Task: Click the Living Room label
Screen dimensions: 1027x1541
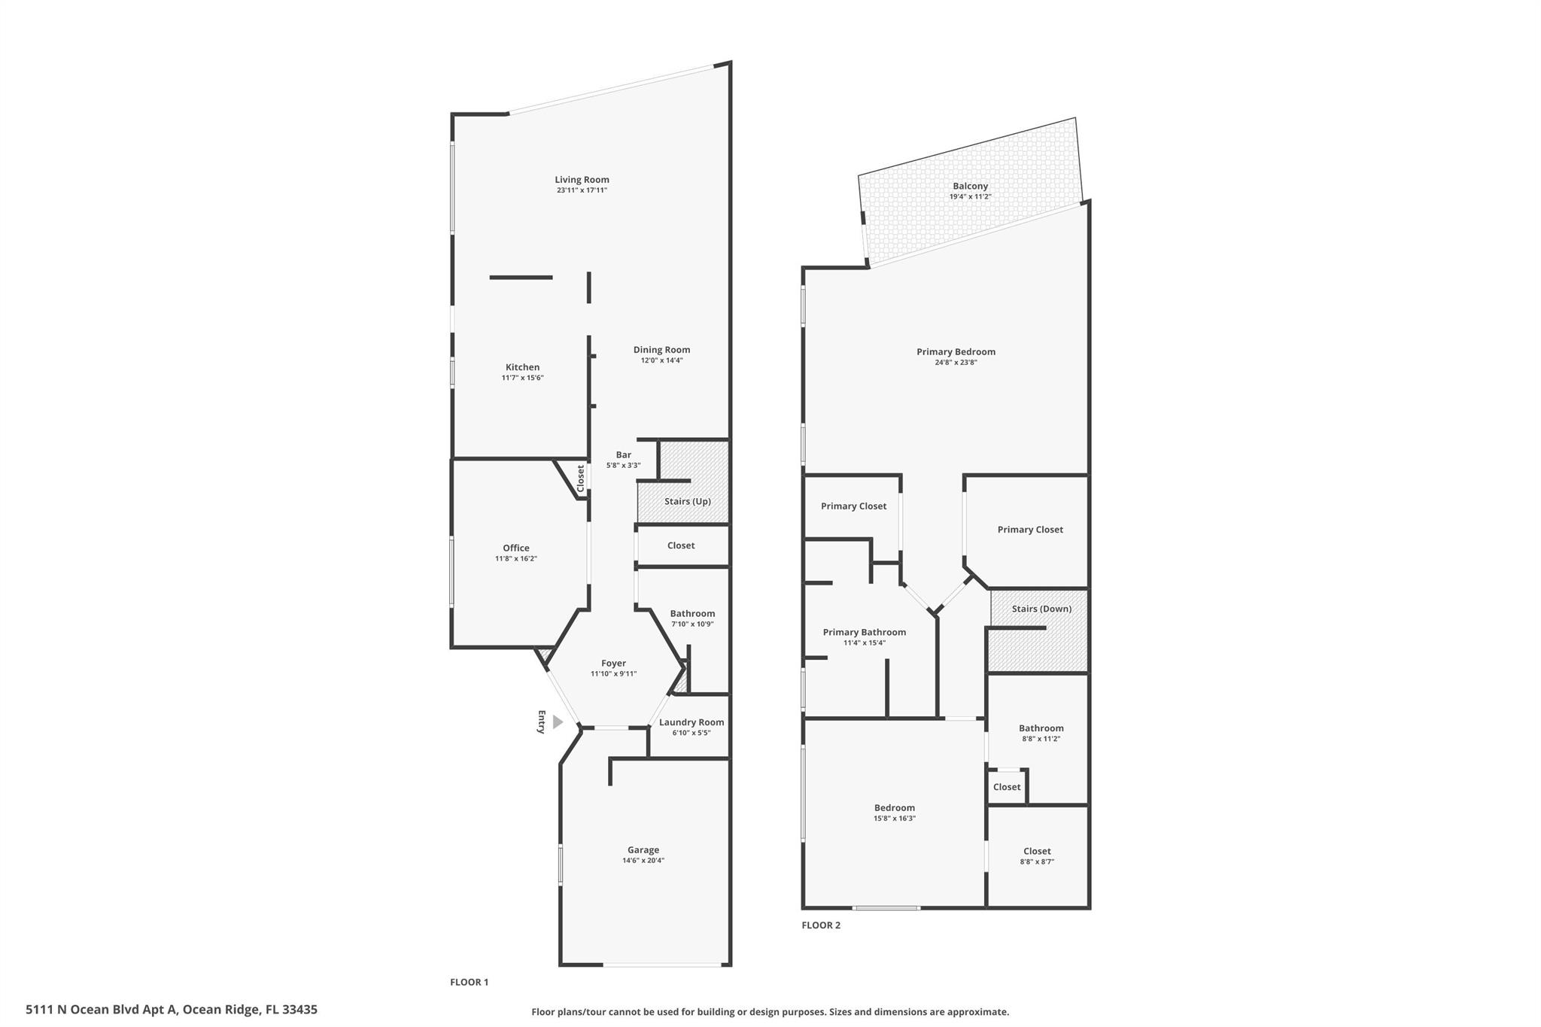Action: (582, 180)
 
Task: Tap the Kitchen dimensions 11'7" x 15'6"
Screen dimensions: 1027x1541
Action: (522, 378)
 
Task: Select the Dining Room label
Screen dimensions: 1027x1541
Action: (661, 350)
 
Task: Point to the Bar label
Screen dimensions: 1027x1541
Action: (623, 455)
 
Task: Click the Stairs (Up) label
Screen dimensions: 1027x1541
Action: (687, 501)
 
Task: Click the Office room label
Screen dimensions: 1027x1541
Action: (515, 548)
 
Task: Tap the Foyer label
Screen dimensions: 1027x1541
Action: (613, 664)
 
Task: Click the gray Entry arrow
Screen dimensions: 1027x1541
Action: (558, 722)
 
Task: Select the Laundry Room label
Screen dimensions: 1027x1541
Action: (691, 722)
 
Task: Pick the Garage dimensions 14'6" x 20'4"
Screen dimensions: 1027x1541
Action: (643, 861)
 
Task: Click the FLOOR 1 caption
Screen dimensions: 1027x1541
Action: (469, 982)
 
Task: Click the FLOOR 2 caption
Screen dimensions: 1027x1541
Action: (821, 925)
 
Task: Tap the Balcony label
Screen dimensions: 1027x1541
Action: (970, 187)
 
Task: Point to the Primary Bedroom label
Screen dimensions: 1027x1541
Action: (956, 352)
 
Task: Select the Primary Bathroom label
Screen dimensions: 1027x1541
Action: (864, 633)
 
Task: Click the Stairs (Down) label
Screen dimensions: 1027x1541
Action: (1041, 609)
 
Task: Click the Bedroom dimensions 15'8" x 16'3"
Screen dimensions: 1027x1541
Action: (894, 819)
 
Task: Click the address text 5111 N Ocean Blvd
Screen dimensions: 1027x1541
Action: (102, 1010)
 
